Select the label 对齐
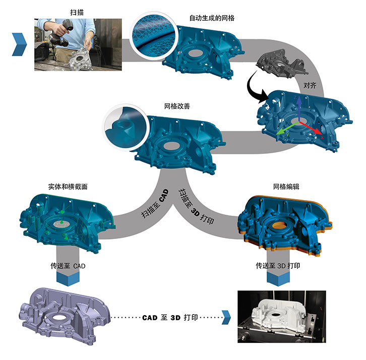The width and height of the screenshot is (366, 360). coord(310,84)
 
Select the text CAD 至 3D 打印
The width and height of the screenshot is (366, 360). coord(170,318)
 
